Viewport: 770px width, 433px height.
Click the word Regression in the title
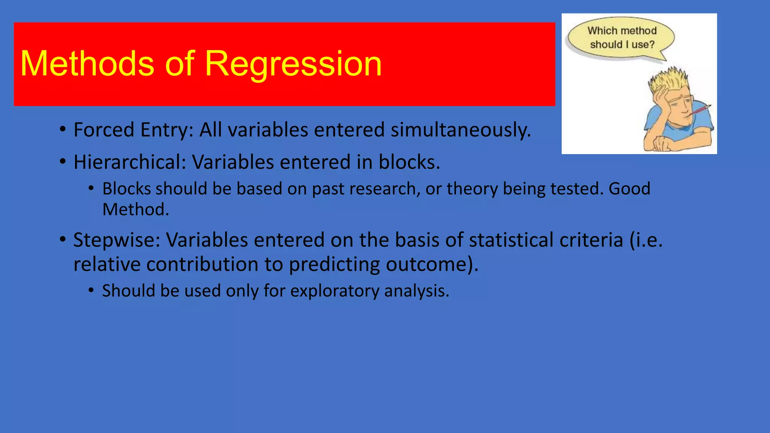coord(293,64)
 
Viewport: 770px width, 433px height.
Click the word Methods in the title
coord(87,64)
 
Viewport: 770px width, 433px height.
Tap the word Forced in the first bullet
coord(104,130)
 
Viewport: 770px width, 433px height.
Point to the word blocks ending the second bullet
coord(409,162)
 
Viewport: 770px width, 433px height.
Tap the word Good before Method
coord(629,188)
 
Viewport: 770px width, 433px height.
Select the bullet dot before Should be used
coord(91,291)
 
